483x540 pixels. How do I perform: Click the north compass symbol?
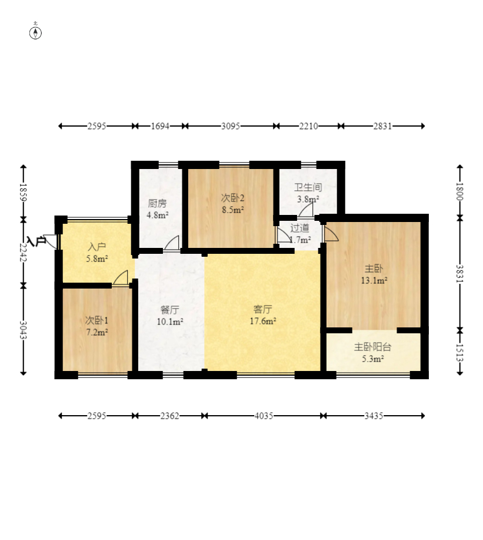coord(35,32)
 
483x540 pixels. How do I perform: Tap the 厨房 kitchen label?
coord(157,204)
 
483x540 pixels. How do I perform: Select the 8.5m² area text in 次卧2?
coord(233,210)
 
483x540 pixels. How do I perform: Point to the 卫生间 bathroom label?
coord(308,187)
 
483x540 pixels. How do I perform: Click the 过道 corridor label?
coord(299,228)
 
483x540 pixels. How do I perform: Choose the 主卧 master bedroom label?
coord(374,269)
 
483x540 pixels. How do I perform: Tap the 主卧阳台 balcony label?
coord(372,347)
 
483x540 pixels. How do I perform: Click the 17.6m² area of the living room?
coord(263,322)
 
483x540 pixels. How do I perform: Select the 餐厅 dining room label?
coord(169,310)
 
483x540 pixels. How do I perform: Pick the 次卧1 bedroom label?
coord(96,320)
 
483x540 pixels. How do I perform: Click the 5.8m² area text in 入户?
coord(97,259)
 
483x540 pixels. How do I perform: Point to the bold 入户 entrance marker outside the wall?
coord(36,241)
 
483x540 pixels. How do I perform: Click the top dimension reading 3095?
coord(231,127)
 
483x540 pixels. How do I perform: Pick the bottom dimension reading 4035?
coord(264,416)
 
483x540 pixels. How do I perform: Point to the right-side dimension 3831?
coord(459,274)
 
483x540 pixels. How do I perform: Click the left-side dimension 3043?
coord(23,330)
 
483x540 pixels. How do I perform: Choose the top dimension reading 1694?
coord(160,127)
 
